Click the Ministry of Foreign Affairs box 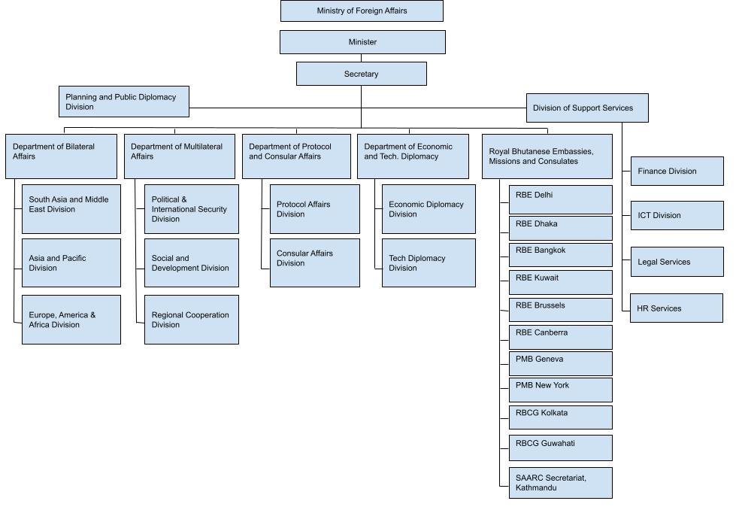click(x=362, y=11)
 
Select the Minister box click(x=362, y=42)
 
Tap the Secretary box click(x=362, y=74)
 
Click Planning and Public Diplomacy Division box click(x=124, y=102)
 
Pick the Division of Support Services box click(x=586, y=108)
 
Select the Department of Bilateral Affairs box click(x=61, y=156)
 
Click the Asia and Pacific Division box click(x=71, y=263)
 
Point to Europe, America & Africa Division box click(x=71, y=320)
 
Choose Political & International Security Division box click(x=192, y=209)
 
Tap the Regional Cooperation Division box click(x=192, y=320)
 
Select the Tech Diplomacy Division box click(x=429, y=263)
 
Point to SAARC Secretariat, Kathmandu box click(x=560, y=482)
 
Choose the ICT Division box click(x=677, y=215)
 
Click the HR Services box click(x=677, y=308)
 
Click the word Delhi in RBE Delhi click(x=544, y=195)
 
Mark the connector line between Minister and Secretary click(x=362, y=58)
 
